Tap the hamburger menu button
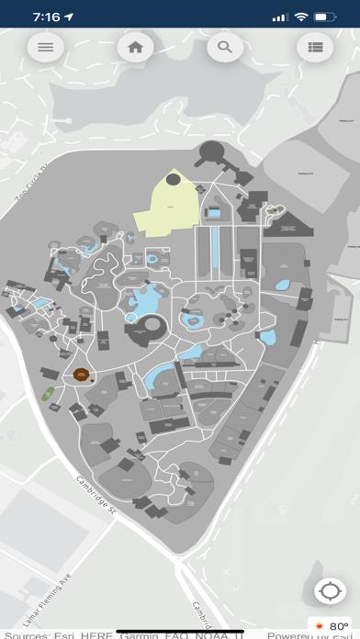(x=45, y=47)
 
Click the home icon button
(x=135, y=47)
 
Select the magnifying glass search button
(x=224, y=47)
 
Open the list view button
(x=315, y=47)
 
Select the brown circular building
(x=82, y=374)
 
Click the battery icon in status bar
(x=324, y=17)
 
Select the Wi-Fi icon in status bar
(x=300, y=17)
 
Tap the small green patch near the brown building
(x=48, y=394)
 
